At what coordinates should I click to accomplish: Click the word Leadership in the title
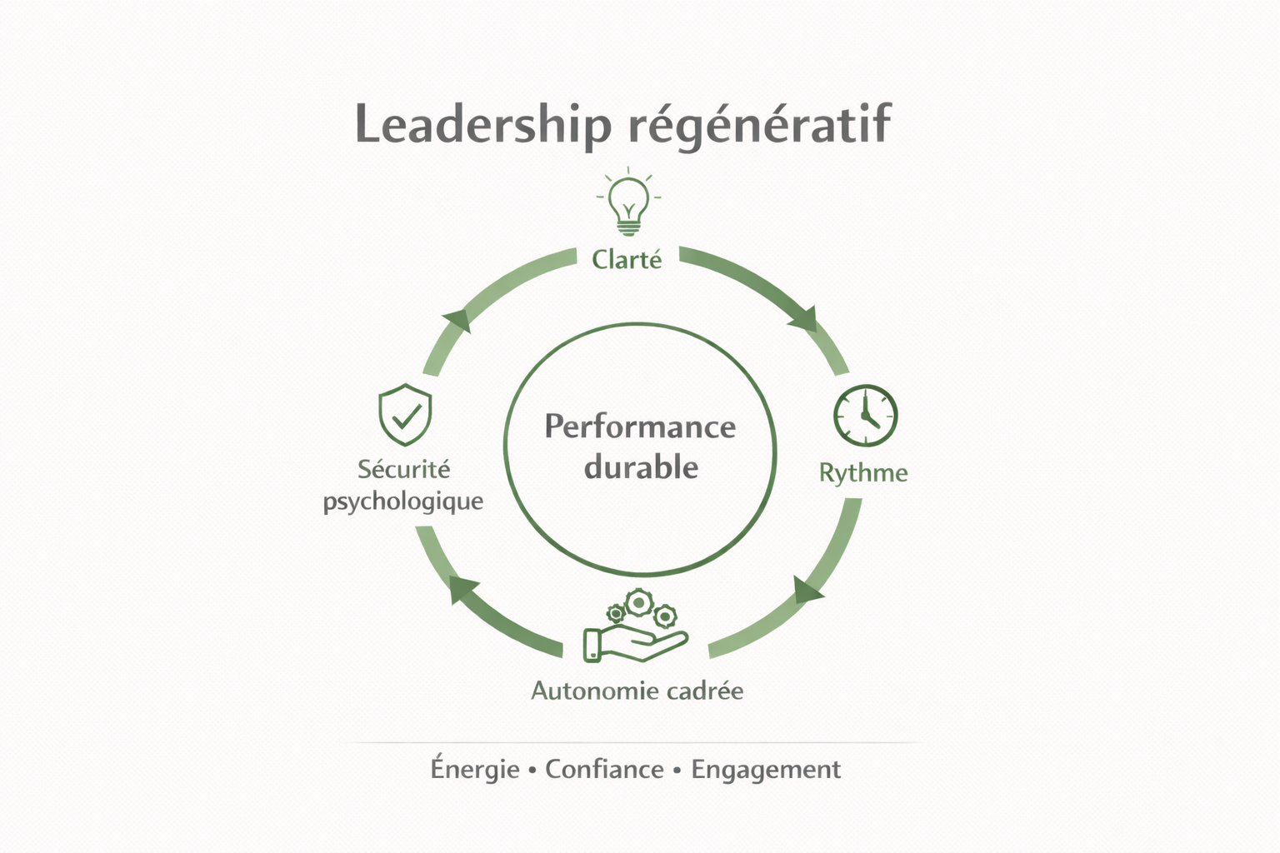482,125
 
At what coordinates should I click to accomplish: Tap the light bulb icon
628,202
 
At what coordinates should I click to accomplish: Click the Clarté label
627,260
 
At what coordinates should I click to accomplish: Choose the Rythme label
863,473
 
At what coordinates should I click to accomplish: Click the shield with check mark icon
405,415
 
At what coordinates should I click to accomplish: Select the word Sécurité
404,469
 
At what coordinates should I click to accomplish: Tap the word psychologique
403,501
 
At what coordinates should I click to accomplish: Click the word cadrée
705,691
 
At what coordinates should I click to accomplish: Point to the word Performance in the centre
640,426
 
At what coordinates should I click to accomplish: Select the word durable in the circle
641,467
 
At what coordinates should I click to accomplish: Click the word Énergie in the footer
475,769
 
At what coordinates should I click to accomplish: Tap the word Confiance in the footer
604,769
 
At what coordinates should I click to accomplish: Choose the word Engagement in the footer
766,769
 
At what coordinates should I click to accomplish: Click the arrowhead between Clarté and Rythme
805,318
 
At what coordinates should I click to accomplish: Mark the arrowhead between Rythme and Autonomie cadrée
806,590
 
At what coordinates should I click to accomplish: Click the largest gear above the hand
638,601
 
